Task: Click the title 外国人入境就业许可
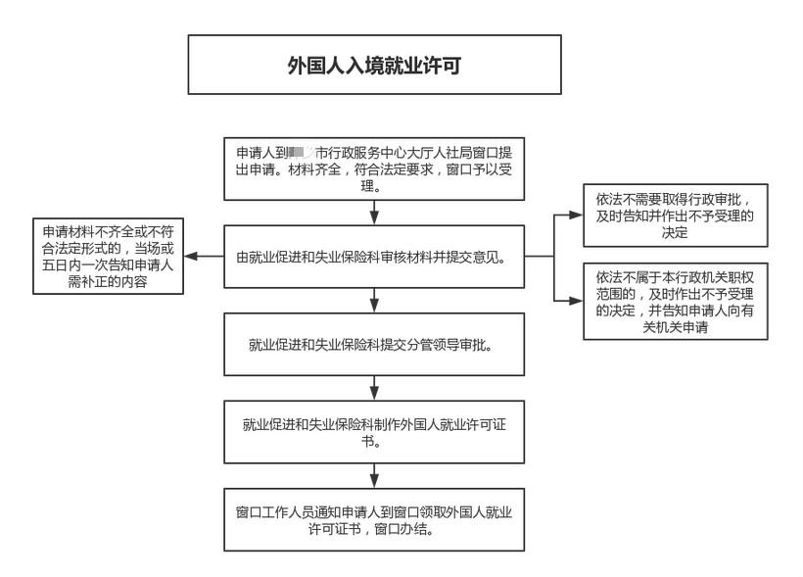(x=374, y=66)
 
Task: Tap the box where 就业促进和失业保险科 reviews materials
(x=374, y=258)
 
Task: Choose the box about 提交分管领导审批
(x=374, y=345)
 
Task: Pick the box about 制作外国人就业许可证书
(x=374, y=432)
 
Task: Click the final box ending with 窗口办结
(x=374, y=519)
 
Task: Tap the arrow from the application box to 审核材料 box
(x=374, y=215)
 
